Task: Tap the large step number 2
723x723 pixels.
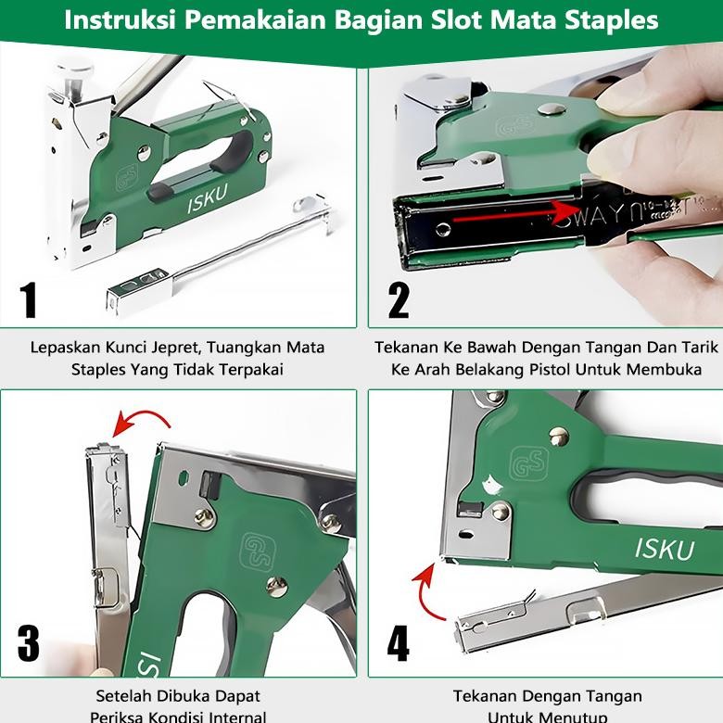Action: (399, 298)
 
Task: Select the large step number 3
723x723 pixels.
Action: (29, 642)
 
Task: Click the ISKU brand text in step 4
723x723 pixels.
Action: (664, 549)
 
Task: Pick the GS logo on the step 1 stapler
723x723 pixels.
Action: (127, 177)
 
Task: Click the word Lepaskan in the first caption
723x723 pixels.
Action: (66, 349)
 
